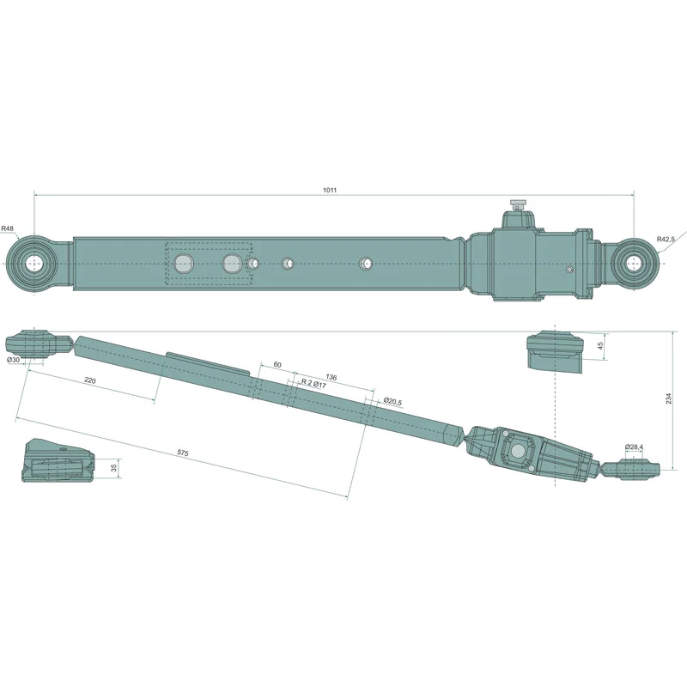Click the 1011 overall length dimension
330,190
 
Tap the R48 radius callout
8,228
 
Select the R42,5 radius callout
666,239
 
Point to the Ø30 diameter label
13,360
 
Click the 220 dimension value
90,380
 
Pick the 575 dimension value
183,453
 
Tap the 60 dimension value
277,364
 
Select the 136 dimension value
331,377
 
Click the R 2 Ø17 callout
313,384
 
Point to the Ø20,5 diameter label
392,400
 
